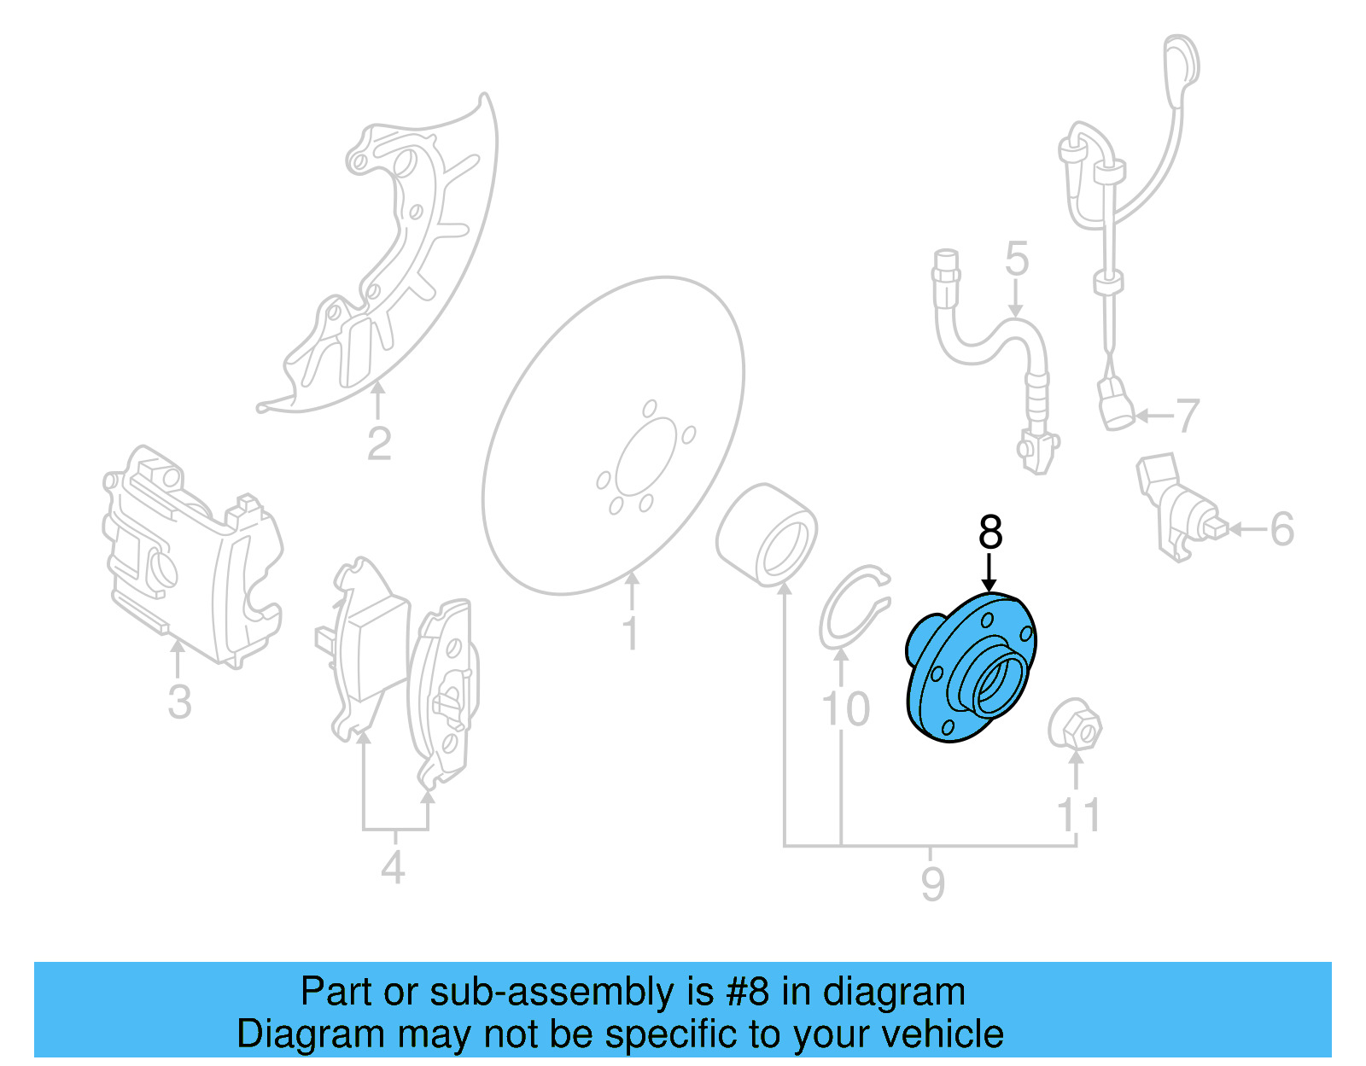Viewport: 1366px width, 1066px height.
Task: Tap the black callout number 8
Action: coord(989,533)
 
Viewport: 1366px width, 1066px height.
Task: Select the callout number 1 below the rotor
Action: coord(630,634)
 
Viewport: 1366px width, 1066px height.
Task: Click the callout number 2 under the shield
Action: coord(378,444)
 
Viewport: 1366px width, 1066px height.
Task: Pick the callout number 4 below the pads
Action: coord(392,868)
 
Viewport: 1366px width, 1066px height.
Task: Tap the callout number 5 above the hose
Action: coord(1016,259)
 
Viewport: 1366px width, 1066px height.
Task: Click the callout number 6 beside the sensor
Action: coord(1281,529)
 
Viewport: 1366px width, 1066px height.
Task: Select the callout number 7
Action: coord(1188,416)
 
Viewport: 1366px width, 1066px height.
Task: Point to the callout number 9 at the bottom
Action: coord(932,883)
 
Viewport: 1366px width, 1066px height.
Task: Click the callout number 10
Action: coord(844,709)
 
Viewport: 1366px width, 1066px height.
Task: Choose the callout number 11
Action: coord(1078,815)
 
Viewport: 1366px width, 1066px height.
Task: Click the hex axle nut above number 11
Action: coord(1076,726)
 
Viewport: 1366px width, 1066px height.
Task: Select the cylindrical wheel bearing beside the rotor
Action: coord(766,534)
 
